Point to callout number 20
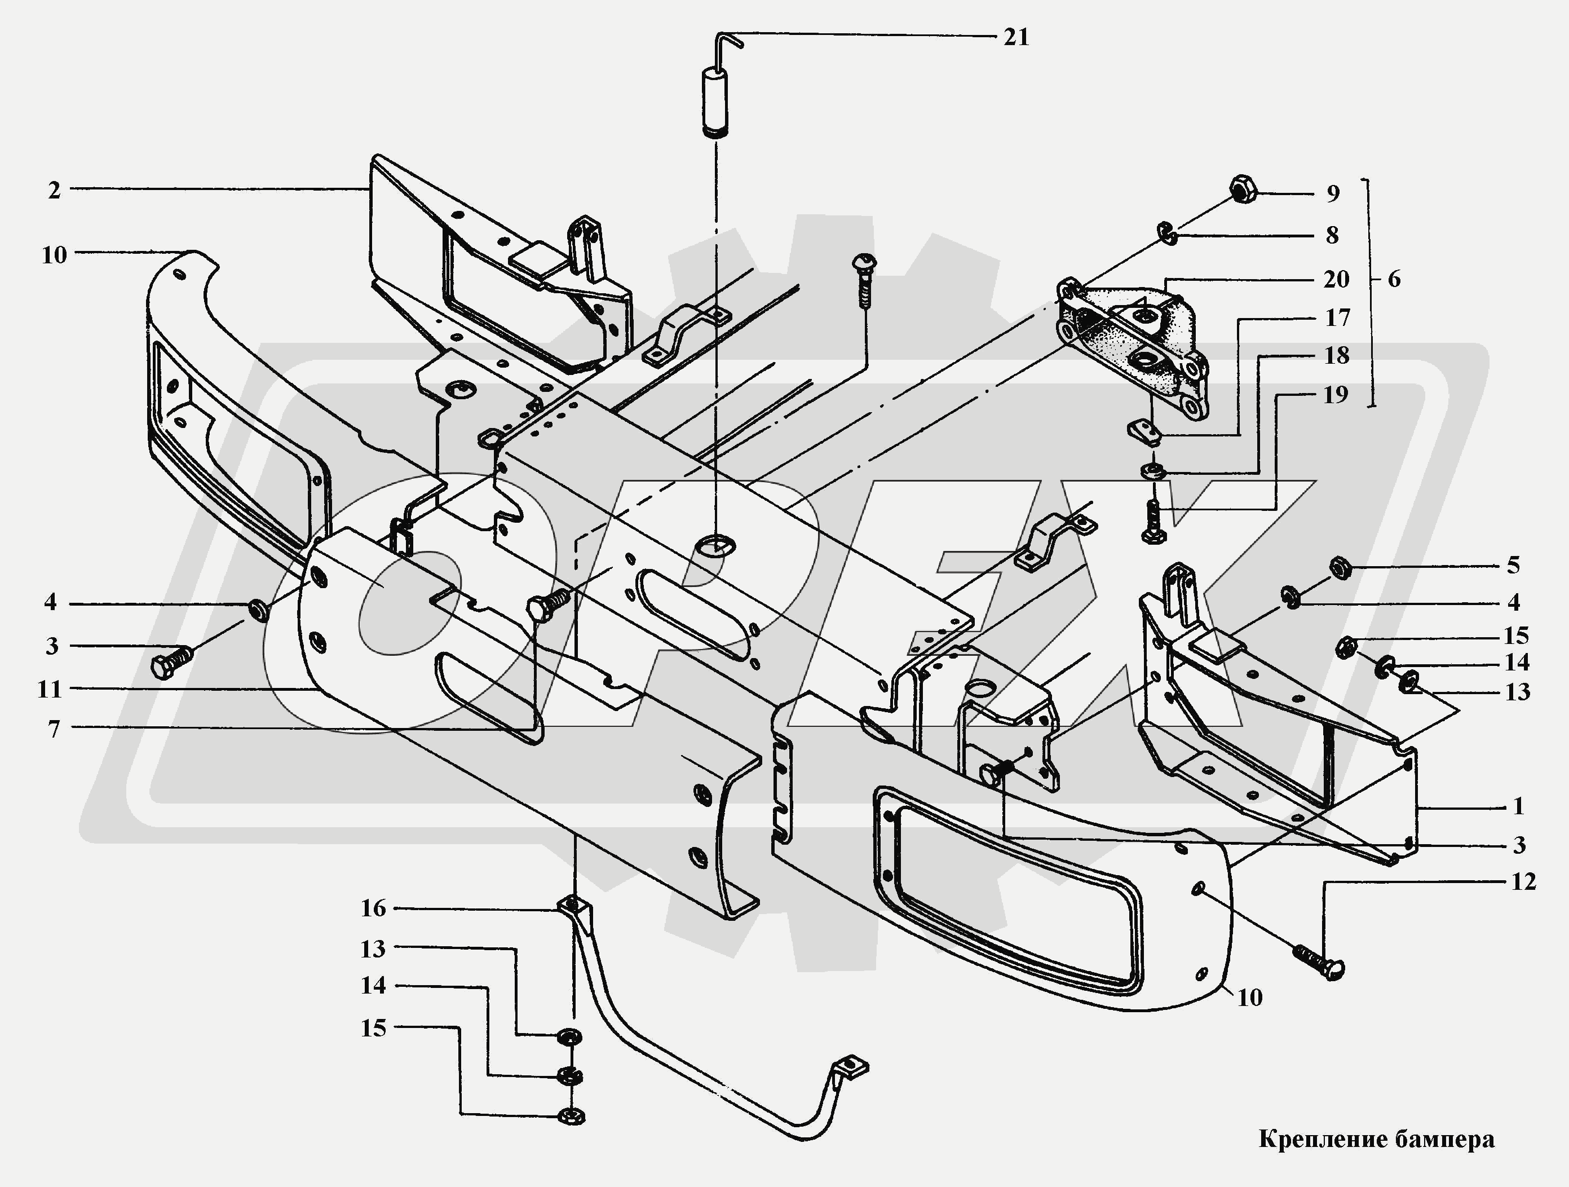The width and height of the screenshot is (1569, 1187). coord(1336,280)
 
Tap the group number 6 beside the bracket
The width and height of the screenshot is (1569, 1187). coord(1394,280)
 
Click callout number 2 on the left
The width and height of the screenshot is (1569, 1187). coord(55,190)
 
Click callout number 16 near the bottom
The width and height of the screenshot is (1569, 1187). coord(374,908)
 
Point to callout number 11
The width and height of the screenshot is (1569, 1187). coord(50,689)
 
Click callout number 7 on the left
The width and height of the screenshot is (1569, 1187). coord(55,729)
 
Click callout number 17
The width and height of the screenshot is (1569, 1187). coord(1338,318)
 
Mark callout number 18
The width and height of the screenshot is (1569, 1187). coord(1337,355)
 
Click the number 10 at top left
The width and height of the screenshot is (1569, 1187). coord(55,255)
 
